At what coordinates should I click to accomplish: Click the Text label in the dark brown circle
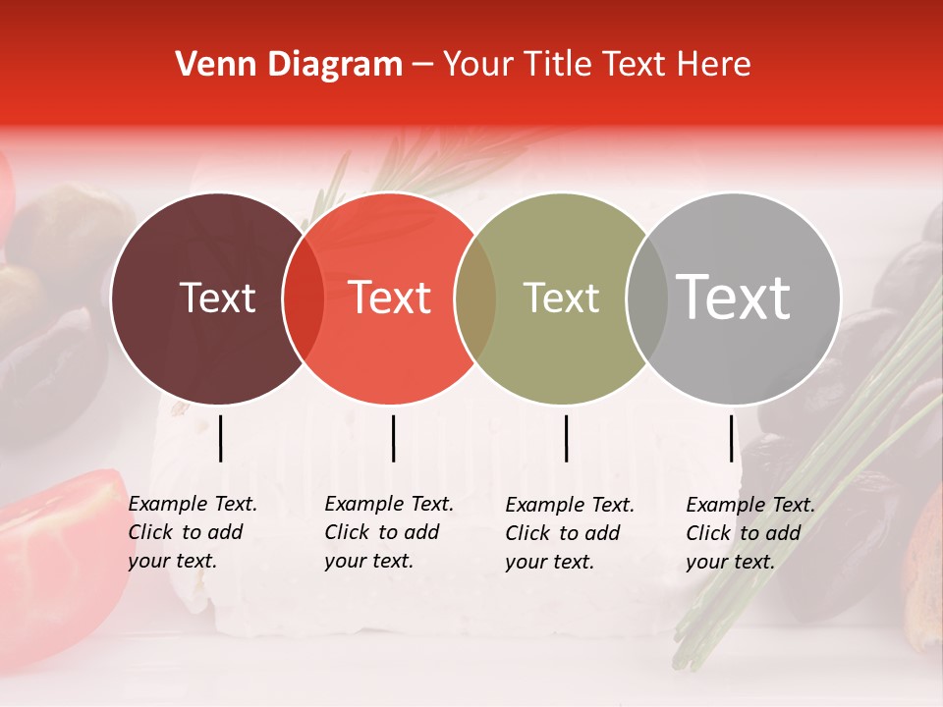point(217,298)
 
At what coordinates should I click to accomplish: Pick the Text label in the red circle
point(390,298)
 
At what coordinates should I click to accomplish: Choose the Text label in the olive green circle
point(562,298)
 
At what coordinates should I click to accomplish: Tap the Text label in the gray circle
point(734,298)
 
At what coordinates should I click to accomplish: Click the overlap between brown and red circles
point(304,299)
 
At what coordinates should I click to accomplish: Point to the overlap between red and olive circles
point(475,299)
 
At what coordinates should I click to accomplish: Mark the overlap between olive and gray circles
point(647,299)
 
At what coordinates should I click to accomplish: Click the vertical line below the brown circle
point(220,438)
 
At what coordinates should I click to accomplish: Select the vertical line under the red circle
point(393,438)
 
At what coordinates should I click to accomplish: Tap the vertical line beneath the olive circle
point(566,438)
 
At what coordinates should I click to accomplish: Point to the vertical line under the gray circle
point(731,438)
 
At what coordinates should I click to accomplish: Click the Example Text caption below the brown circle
point(192,532)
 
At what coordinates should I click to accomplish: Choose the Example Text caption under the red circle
point(388,532)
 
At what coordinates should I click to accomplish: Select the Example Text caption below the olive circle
point(569,533)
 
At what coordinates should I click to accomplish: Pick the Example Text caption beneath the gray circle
point(749,533)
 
